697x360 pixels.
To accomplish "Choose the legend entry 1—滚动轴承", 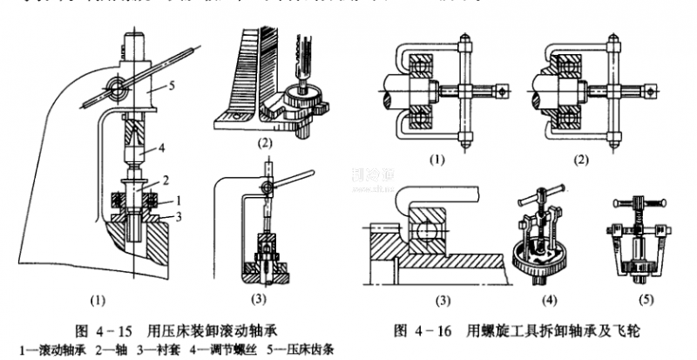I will (x=42, y=350).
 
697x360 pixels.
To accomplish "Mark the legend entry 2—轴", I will (x=104, y=350).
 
